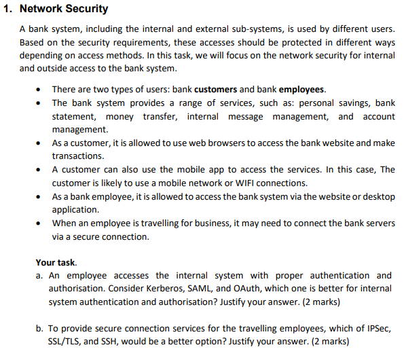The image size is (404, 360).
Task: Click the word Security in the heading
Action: coord(84,10)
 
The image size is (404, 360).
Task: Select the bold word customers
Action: coord(215,90)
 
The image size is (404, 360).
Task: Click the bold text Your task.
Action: coord(56,262)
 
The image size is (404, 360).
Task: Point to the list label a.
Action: coord(39,276)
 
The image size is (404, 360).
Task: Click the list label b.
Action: coord(39,329)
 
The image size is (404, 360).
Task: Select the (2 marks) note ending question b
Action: coord(325,341)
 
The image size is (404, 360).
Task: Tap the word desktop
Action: coord(378,196)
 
